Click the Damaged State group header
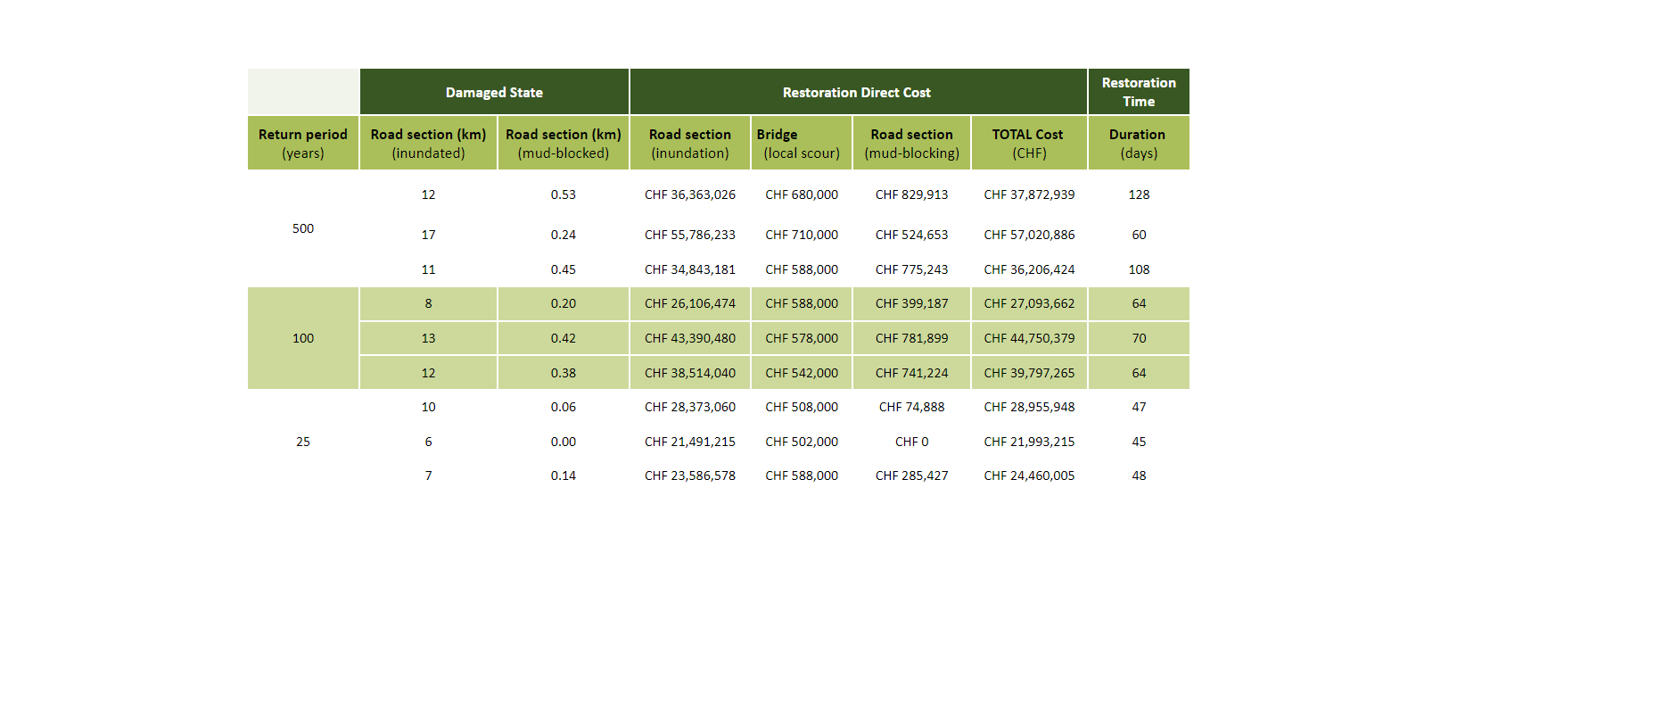pyautogui.click(x=494, y=93)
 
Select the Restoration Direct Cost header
pyautogui.click(x=856, y=93)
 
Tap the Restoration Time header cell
pyautogui.click(x=1139, y=92)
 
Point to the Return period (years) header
pyautogui.click(x=303, y=144)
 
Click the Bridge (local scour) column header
pyautogui.click(x=801, y=144)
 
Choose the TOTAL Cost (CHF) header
pyautogui.click(x=1028, y=144)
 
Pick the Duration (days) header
pyautogui.click(x=1138, y=144)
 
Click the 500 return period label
pyautogui.click(x=303, y=228)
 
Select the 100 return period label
pyautogui.click(x=303, y=338)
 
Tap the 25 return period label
pyautogui.click(x=303, y=442)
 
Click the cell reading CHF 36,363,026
pyautogui.click(x=690, y=194)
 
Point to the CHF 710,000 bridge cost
pyautogui.click(x=801, y=235)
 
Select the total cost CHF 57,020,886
pyautogui.click(x=1029, y=235)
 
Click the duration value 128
pyautogui.click(x=1139, y=194)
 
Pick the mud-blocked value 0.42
pyautogui.click(x=563, y=338)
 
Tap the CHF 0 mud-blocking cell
pyautogui.click(x=911, y=442)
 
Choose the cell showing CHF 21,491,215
pyautogui.click(x=690, y=442)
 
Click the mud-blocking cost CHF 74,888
pyautogui.click(x=911, y=407)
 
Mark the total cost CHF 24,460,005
pyautogui.click(x=1029, y=476)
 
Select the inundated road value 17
pyautogui.click(x=428, y=235)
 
